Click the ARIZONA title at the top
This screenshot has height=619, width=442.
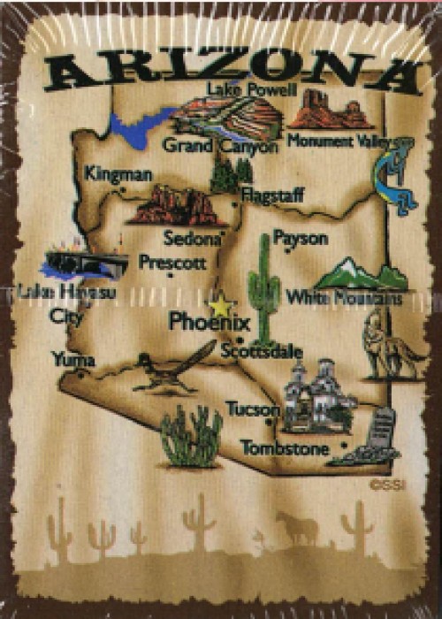pos(232,70)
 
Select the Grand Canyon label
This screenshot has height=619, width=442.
pos(220,146)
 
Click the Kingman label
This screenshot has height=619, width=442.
pos(118,174)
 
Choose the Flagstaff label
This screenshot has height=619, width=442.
pos(271,189)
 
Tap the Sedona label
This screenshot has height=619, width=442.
pos(191,238)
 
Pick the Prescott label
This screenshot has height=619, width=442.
pos(172,263)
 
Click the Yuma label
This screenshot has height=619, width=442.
pos(73,359)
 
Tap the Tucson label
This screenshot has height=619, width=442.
pos(252,409)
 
